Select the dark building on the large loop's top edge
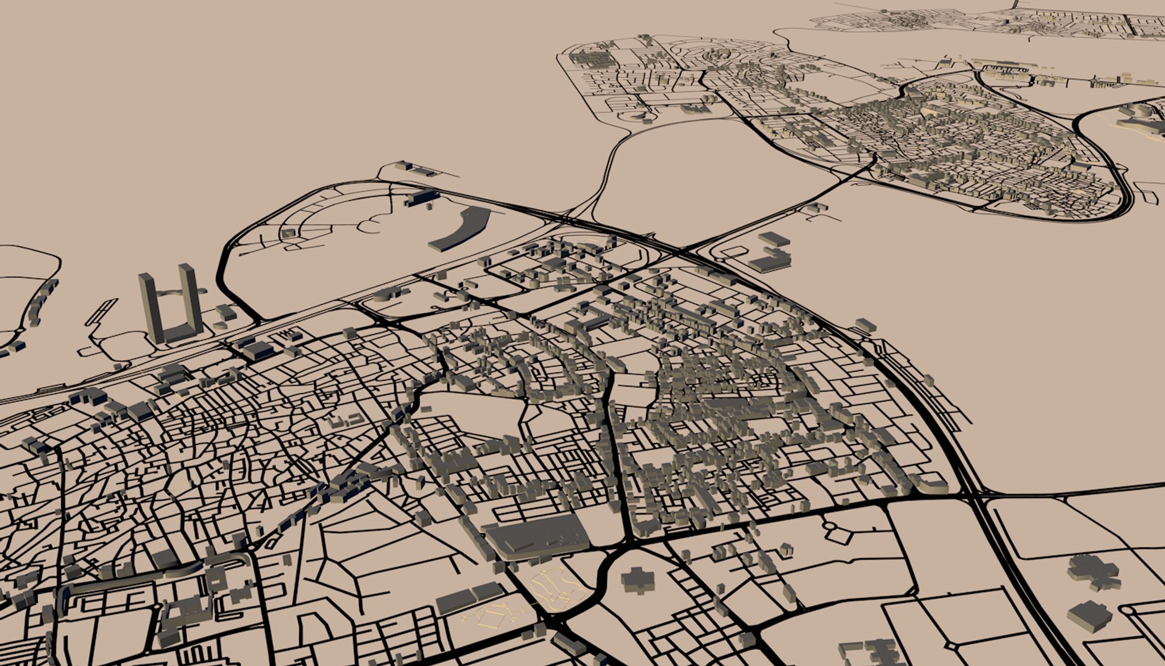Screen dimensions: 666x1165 coord(422,197)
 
